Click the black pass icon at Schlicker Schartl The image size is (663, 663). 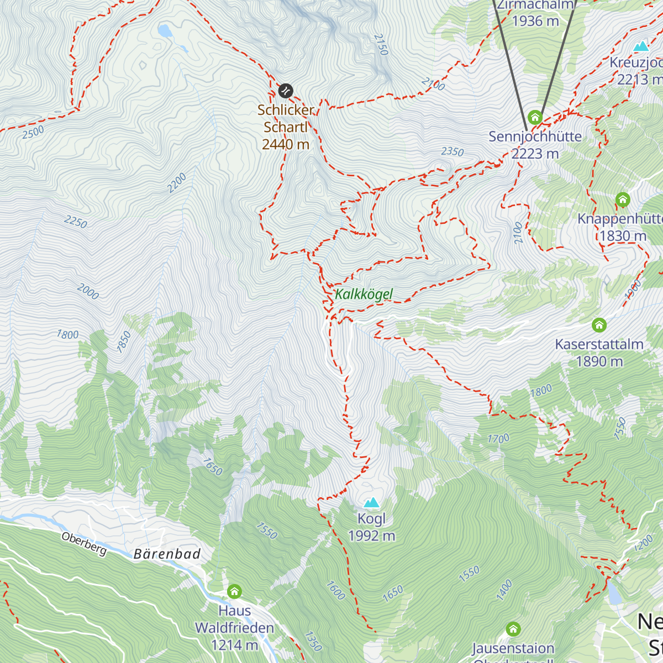click(286, 90)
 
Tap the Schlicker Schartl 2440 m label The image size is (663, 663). click(286, 127)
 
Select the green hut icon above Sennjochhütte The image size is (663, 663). click(534, 117)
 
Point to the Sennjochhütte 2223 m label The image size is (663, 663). click(535, 145)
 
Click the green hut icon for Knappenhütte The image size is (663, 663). click(623, 199)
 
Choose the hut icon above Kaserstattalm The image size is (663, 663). click(599, 324)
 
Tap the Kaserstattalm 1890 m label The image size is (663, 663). click(599, 352)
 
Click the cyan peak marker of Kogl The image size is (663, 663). click(371, 502)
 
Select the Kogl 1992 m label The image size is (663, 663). click(371, 527)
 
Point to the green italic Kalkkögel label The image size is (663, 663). click(364, 294)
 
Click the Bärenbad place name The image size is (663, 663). click(167, 554)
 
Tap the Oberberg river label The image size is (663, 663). click(84, 544)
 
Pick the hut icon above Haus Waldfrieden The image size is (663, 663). click(234, 592)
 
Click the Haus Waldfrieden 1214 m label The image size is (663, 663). click(234, 628)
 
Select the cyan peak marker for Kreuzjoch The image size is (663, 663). click(641, 46)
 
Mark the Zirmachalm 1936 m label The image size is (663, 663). click(535, 13)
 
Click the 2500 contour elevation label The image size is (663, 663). click(33, 133)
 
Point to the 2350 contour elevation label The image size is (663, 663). click(452, 152)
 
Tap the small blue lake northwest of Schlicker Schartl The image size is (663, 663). click(165, 30)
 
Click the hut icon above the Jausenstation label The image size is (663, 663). click(513, 629)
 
